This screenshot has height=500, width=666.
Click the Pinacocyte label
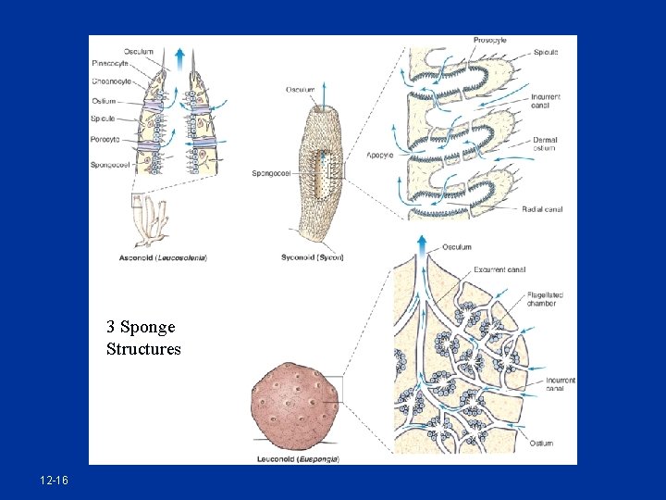pyautogui.click(x=110, y=63)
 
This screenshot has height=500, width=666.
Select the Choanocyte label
pyautogui.click(x=110, y=81)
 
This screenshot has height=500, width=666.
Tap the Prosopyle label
pyautogui.click(x=489, y=41)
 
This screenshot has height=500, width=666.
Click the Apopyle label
pyautogui.click(x=380, y=155)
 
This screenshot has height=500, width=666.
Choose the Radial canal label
pyautogui.click(x=541, y=209)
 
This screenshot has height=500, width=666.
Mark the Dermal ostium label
pyautogui.click(x=545, y=144)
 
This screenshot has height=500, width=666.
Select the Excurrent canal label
pyautogui.click(x=499, y=269)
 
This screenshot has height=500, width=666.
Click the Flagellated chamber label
pyautogui.click(x=545, y=298)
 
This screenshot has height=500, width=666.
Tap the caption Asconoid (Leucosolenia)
pyautogui.click(x=163, y=256)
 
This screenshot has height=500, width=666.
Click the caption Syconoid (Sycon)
pyautogui.click(x=312, y=256)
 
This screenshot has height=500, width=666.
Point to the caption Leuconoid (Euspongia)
pyautogui.click(x=298, y=458)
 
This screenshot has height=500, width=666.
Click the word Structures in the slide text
pyautogui.click(x=143, y=349)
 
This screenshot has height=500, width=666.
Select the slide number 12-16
pyautogui.click(x=54, y=481)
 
